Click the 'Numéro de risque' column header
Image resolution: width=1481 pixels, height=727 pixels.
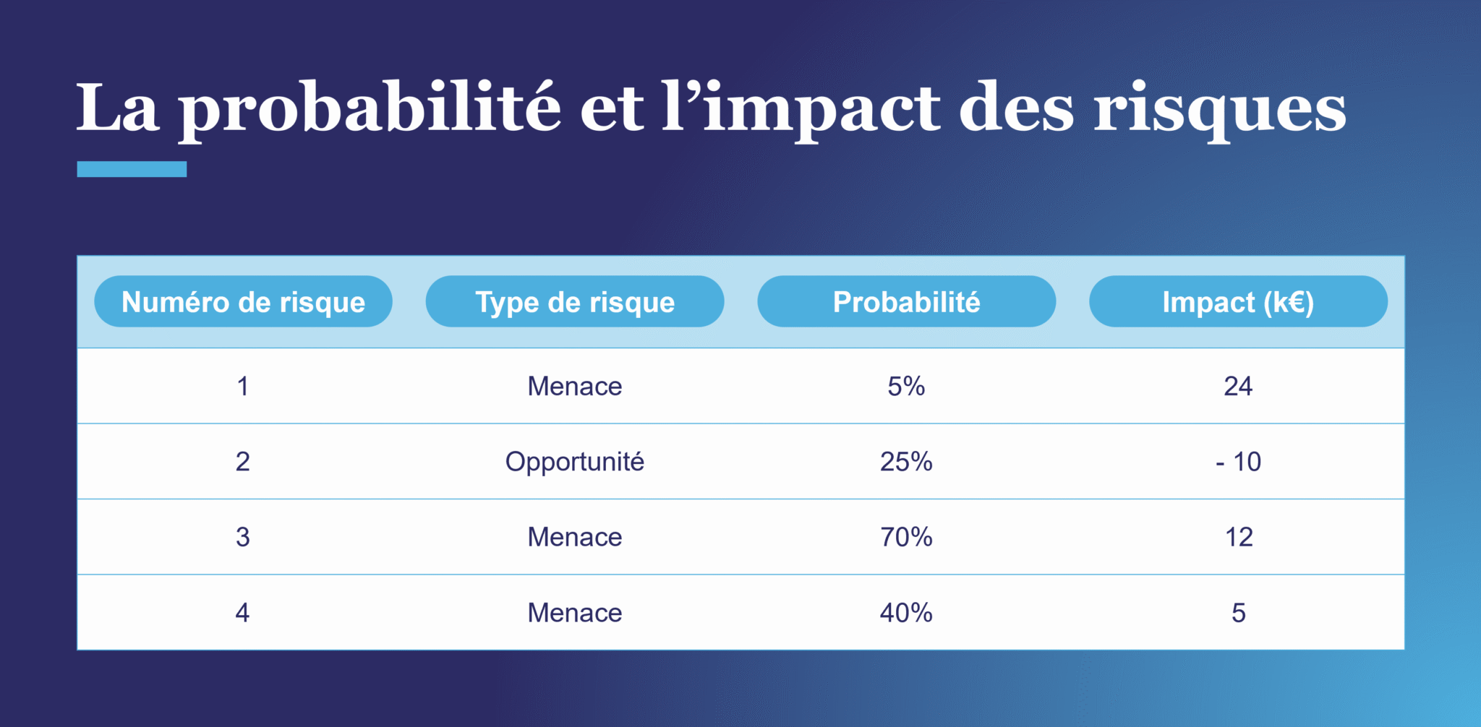pos(243,301)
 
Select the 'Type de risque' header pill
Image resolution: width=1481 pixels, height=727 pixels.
pos(575,301)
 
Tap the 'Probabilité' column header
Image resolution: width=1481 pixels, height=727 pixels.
pos(906,301)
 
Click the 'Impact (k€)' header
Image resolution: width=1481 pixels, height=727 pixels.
pos(1238,301)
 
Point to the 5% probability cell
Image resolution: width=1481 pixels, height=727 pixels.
pos(906,386)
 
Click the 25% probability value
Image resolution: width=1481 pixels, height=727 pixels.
pos(906,461)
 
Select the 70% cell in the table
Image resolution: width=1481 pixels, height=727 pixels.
pos(906,537)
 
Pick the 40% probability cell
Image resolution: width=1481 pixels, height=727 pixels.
pos(906,613)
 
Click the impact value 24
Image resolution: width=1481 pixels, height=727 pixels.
pos(1238,386)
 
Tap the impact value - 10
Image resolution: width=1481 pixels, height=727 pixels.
pos(1238,461)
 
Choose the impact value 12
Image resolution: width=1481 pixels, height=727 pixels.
pos(1239,537)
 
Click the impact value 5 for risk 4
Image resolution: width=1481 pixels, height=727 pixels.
pos(1239,613)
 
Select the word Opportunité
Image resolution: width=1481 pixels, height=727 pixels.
pos(575,462)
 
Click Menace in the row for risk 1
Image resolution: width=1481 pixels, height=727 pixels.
pos(575,386)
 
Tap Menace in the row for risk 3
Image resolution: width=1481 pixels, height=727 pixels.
pos(575,537)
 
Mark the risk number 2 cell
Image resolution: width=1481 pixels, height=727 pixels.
pos(243,461)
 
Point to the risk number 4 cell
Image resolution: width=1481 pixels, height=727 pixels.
pos(243,613)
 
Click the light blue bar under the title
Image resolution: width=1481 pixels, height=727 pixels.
pos(132,169)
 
